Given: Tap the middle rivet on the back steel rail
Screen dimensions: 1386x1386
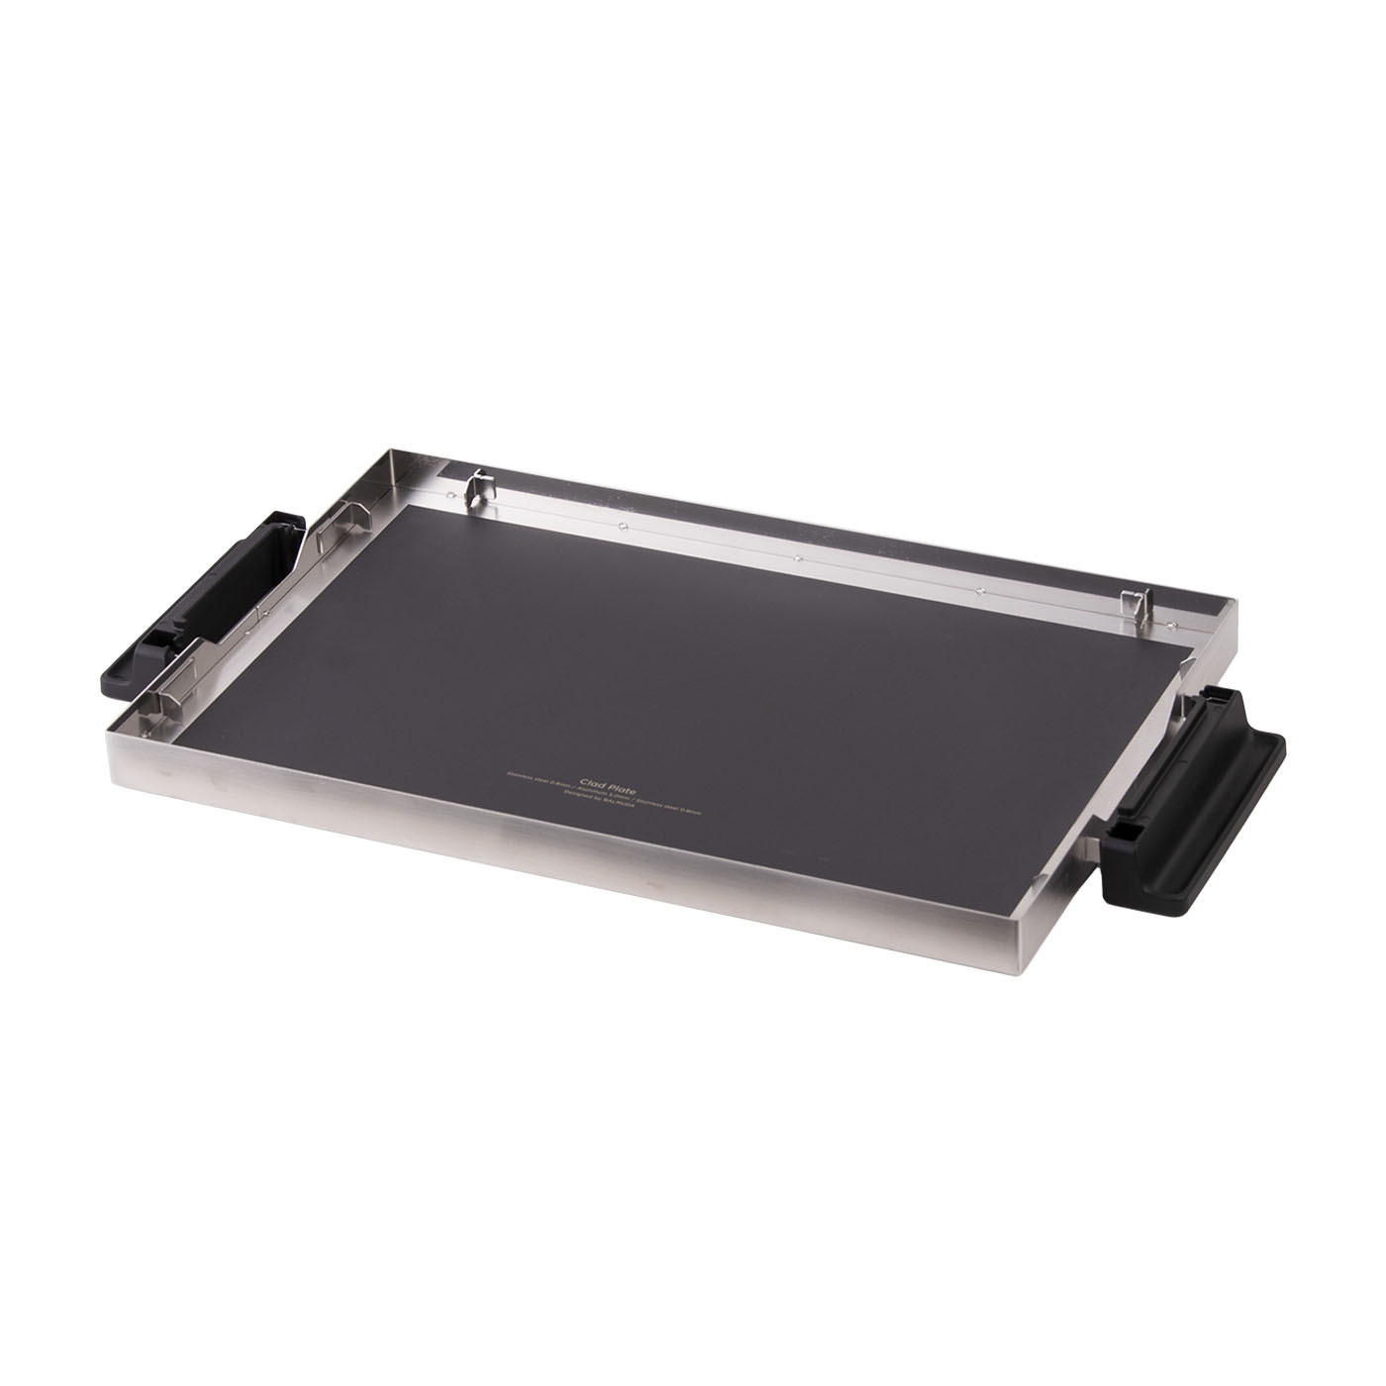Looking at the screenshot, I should point(797,557).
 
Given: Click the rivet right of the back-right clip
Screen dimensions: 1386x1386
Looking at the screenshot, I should point(1168,624).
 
